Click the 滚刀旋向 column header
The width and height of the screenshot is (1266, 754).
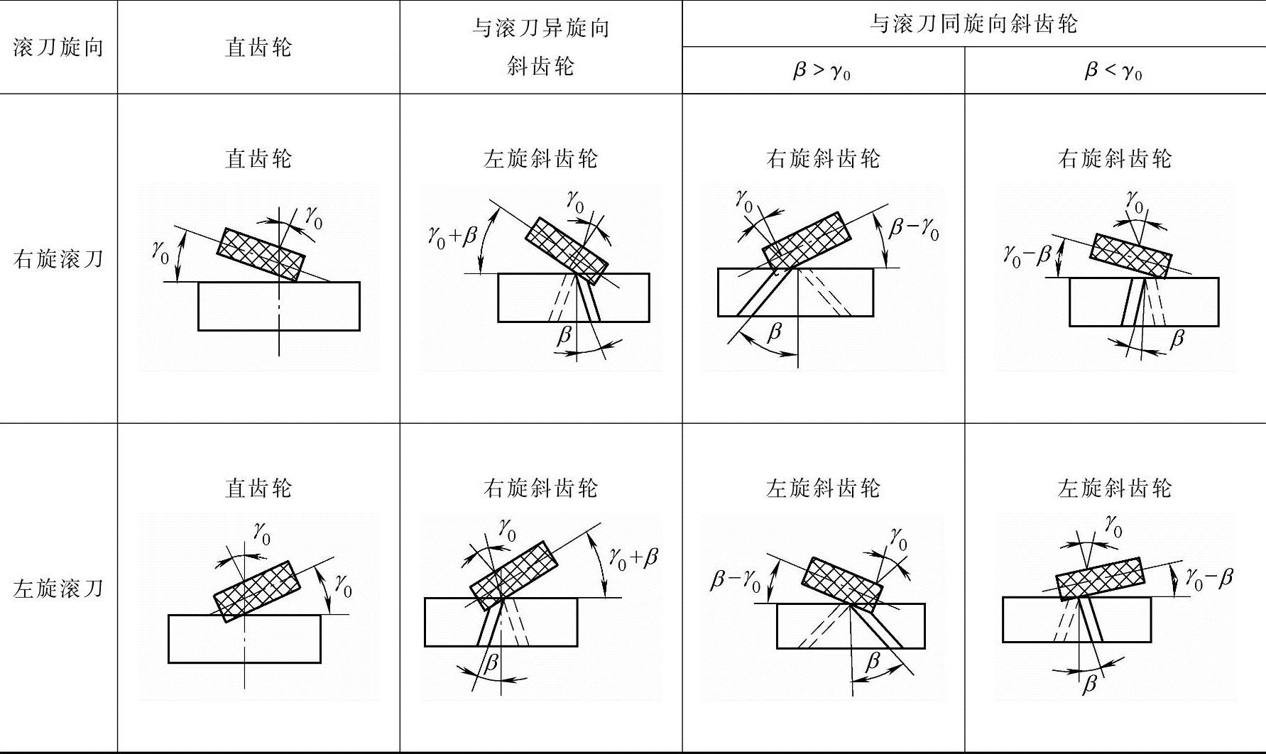click(58, 48)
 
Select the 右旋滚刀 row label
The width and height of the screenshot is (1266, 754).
click(58, 258)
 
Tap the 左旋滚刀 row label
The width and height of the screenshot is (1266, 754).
click(58, 588)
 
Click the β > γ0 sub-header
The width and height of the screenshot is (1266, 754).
click(822, 71)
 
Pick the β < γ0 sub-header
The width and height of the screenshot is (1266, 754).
click(1113, 71)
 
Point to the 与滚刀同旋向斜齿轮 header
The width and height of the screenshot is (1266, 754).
click(973, 24)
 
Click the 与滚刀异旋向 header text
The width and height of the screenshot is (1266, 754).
click(540, 28)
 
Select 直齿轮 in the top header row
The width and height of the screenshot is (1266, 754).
click(258, 48)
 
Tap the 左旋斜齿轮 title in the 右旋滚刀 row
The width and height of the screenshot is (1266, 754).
click(540, 158)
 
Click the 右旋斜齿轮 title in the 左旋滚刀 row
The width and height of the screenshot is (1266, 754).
click(540, 488)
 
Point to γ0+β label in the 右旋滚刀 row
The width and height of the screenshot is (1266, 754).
click(452, 234)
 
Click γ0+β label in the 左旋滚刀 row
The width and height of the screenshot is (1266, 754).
click(633, 557)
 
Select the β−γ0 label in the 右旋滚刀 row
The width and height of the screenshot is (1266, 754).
click(914, 229)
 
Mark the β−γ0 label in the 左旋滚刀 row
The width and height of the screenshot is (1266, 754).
click(736, 581)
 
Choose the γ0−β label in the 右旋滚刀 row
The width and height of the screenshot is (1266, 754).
click(1027, 253)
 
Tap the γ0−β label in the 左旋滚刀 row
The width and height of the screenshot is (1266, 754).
click(1209, 579)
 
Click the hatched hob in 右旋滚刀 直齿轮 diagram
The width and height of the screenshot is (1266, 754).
click(261, 253)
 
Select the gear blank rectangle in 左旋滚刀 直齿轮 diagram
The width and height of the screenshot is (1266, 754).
click(244, 638)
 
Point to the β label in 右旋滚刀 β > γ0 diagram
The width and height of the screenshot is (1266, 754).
click(775, 331)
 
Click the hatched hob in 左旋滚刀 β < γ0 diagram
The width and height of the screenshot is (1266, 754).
click(1100, 578)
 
